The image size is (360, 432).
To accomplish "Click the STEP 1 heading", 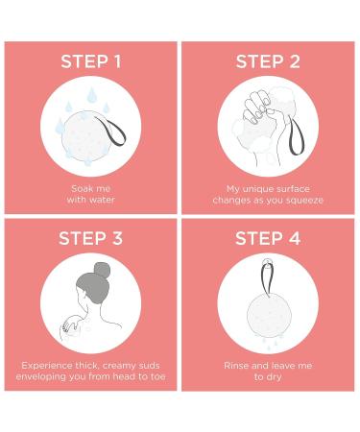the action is pos(91,61).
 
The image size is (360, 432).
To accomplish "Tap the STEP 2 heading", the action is pos(268,61).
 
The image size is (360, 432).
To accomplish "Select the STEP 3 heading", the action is pos(91,238).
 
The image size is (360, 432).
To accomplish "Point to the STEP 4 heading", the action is pos(268,238).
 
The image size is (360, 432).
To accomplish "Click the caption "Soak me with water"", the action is pos(91,194).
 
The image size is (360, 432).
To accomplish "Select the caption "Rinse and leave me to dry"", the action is pos(268,371).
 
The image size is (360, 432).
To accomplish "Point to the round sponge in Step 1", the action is pos(86,136).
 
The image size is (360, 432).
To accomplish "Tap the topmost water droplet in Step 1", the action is pos(92,95).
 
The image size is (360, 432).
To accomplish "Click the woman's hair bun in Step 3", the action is pos(102,270).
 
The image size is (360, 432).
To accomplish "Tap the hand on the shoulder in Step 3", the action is pos(71,324).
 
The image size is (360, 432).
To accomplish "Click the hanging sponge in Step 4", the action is pos(269,316).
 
